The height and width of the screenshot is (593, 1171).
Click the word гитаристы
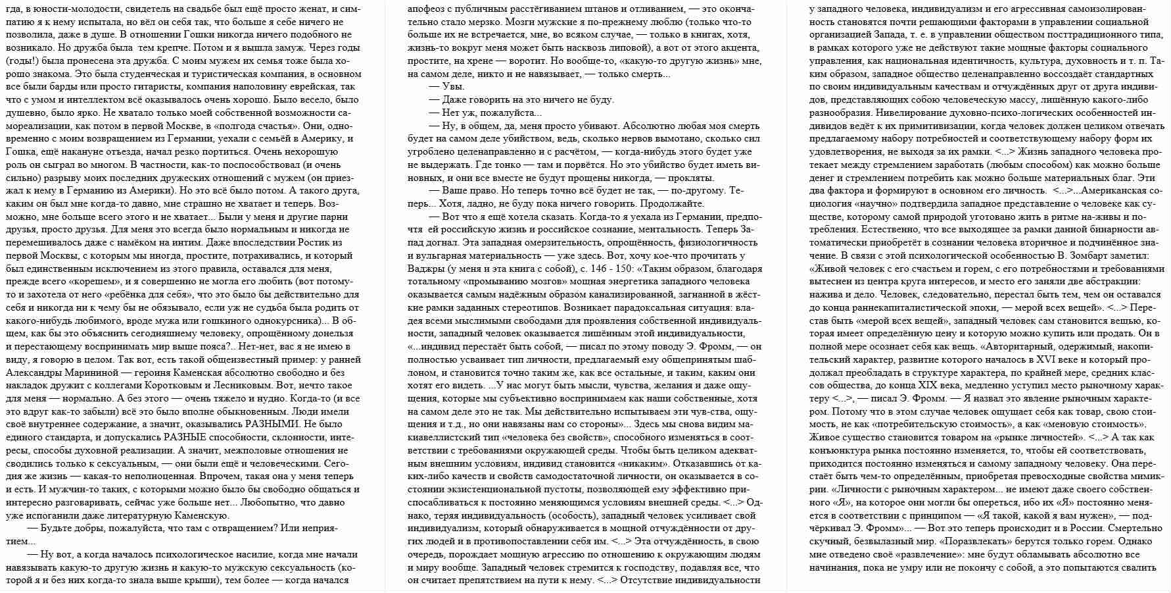tap(235, 86)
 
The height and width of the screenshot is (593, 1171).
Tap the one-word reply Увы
tap(453, 86)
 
